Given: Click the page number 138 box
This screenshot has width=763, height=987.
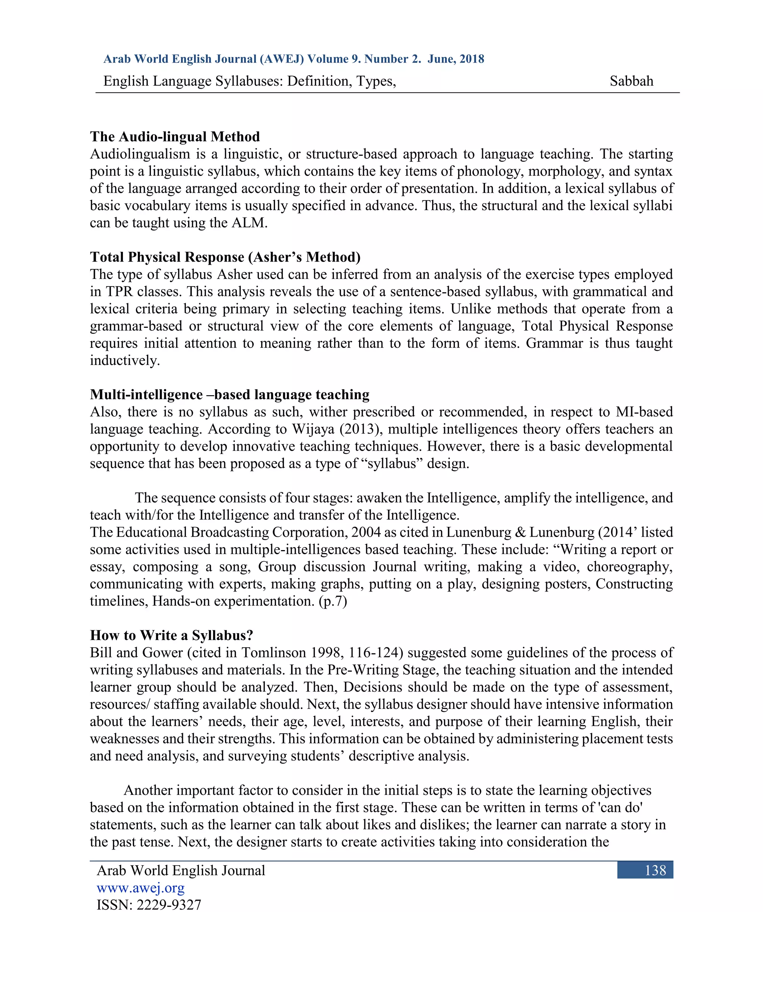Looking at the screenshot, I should [x=645, y=870].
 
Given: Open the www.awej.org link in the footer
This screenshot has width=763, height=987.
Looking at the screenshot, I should [x=140, y=888].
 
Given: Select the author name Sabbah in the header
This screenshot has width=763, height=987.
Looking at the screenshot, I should [x=631, y=81].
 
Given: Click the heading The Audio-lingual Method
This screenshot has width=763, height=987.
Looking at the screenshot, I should [x=175, y=136].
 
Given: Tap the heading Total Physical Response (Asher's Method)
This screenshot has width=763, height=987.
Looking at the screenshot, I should [x=225, y=257].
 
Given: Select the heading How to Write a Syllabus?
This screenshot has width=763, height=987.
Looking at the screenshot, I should [x=171, y=635].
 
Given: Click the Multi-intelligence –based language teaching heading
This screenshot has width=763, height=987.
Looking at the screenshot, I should [x=229, y=394].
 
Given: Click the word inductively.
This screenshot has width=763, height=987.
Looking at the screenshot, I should [x=125, y=360].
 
